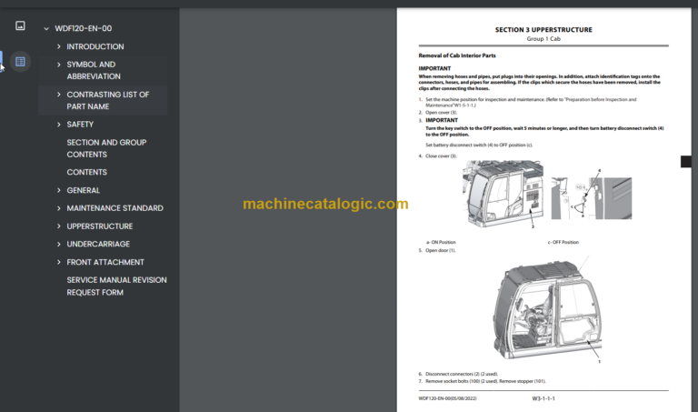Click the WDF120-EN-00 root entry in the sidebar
pos(83,28)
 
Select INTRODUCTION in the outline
pos(95,46)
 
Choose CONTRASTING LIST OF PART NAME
pos(108,100)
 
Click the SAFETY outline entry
pos(80,125)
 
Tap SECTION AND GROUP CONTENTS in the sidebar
pos(106,148)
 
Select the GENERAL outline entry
pos(83,190)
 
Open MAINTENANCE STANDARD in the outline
pos(115,208)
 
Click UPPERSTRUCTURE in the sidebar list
pos(100,226)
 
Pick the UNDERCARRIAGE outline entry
pos(98,244)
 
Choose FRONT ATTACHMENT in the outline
pos(105,262)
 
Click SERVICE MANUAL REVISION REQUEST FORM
pos(116,286)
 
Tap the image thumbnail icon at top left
pos(20,26)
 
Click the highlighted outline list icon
pos(20,62)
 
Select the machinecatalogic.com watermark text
pos(325,204)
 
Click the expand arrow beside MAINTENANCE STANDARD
pos(59,208)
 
